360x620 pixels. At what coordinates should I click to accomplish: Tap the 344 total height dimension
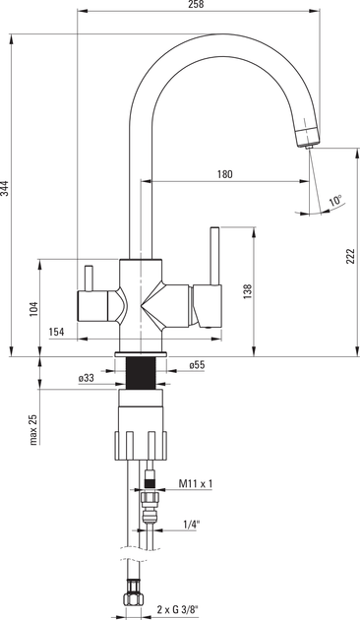click(x=4, y=189)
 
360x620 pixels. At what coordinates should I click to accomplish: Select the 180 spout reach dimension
click(x=225, y=174)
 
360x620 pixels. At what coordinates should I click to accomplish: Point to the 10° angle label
click(x=335, y=201)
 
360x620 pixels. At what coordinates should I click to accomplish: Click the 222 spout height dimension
click(x=351, y=257)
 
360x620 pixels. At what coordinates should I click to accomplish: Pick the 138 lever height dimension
click(x=247, y=291)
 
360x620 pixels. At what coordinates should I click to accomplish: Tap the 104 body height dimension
click(x=34, y=309)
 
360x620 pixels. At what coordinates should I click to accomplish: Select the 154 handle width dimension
click(x=56, y=332)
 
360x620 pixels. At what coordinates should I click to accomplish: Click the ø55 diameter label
click(x=197, y=365)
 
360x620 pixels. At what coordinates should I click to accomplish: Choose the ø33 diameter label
click(x=87, y=378)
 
